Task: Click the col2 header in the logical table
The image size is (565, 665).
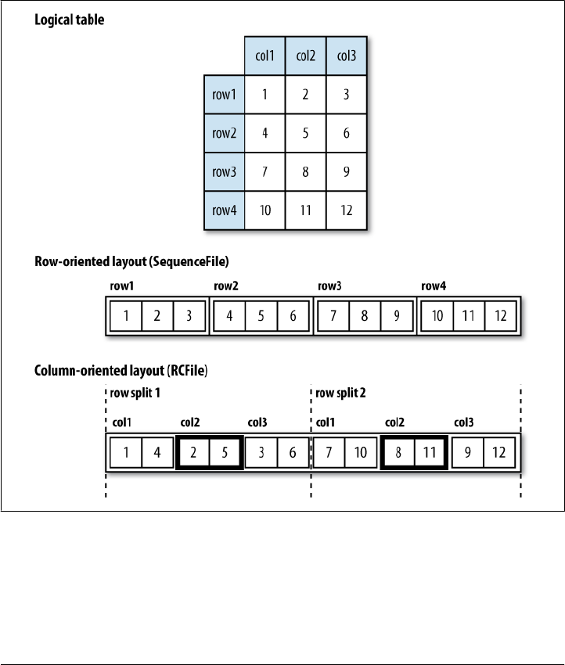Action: point(305,56)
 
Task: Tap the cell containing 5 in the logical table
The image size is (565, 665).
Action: point(305,133)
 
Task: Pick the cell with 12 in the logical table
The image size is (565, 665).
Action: point(346,210)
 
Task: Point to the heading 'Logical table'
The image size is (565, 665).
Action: point(69,20)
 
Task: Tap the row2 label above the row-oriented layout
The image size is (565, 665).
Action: point(225,286)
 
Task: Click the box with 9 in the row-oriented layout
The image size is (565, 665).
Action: point(398,317)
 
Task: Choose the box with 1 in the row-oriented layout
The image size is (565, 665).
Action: point(125,317)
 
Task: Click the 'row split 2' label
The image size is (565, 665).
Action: point(340,392)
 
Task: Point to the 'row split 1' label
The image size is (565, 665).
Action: point(133,392)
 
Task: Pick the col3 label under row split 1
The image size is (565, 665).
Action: point(257,422)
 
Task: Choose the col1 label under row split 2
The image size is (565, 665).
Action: point(326,422)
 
